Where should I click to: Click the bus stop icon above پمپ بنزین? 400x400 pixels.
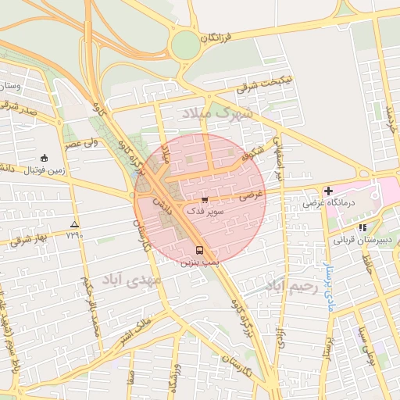(200, 251)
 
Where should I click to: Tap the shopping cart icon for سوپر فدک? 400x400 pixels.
(205, 200)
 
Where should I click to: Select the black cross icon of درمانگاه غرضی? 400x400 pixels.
(328, 191)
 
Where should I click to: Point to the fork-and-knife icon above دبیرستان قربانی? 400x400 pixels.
(362, 227)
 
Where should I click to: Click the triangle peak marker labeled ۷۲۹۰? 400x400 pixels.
(74, 223)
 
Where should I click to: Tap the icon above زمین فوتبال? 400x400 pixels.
(44, 157)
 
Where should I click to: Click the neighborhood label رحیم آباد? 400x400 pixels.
(293, 286)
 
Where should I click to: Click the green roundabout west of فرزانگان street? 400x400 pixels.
(186, 45)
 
